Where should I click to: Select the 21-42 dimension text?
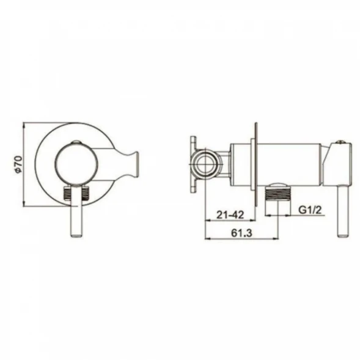pos(230,215)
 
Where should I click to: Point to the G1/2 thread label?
pos(310,210)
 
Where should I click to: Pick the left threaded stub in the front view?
pos(67,193)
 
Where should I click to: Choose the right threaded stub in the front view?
pos(85,193)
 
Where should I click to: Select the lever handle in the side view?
pos(343,211)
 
